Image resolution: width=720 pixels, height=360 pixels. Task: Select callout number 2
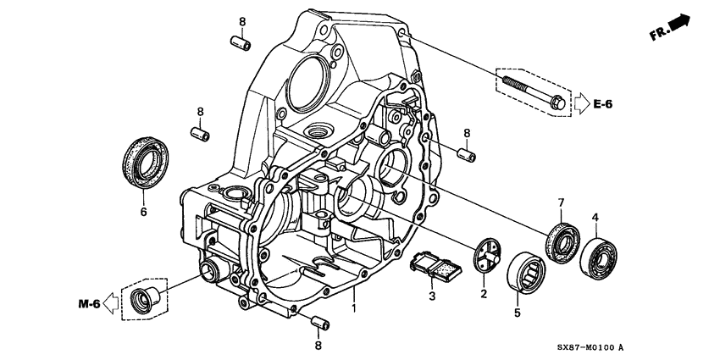point(484,294)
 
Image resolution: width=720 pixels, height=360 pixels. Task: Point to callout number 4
point(595,219)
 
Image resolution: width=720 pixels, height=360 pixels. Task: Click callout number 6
point(143,212)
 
